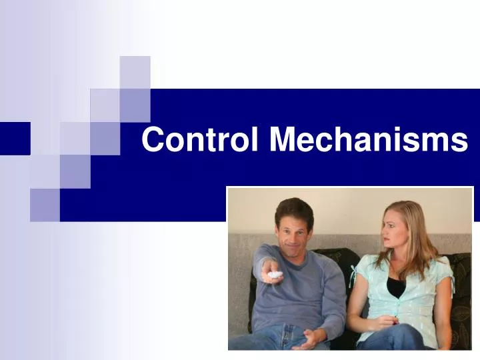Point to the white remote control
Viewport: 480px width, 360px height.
275,274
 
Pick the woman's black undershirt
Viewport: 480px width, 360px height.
396,285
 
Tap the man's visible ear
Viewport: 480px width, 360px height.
311,230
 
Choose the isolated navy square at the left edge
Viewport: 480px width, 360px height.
15,139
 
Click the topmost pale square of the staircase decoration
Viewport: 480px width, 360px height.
135,72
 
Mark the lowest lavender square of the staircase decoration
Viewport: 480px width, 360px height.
45,204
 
